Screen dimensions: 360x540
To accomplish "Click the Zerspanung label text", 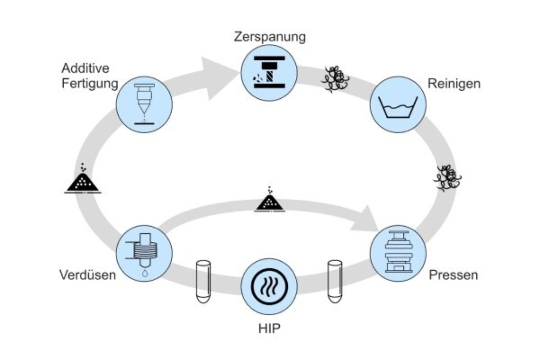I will (270, 37).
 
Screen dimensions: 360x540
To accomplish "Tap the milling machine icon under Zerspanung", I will (269, 73).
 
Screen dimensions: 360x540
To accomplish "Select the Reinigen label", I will (454, 84).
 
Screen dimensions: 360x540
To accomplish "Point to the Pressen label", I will (454, 275).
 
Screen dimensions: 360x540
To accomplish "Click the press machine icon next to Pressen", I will (398, 252).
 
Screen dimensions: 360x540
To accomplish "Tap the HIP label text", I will (269, 328).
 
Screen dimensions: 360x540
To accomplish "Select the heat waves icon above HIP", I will (269, 287).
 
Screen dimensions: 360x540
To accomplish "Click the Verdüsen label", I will (87, 275).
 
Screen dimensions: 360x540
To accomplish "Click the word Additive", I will (85, 68).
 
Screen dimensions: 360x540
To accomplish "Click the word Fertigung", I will (89, 83).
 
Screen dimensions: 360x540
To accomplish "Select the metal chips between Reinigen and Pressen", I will (448, 178).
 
